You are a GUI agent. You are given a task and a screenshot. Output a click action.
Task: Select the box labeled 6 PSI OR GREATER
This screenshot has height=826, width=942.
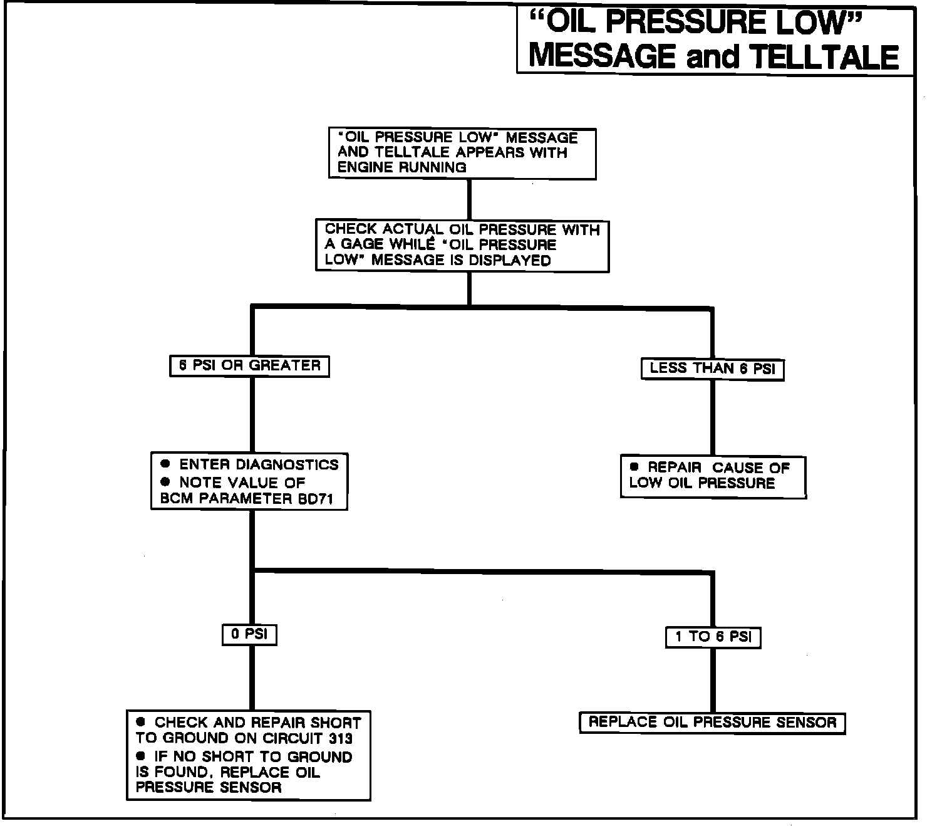(249, 366)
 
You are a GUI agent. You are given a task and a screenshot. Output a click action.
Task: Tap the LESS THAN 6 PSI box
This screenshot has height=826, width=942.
(712, 369)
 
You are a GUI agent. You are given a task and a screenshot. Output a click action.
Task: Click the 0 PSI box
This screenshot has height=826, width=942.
(249, 634)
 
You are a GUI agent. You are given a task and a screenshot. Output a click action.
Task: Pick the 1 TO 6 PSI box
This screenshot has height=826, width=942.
(712, 637)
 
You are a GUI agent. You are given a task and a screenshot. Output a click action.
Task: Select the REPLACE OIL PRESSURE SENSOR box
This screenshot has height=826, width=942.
(712, 723)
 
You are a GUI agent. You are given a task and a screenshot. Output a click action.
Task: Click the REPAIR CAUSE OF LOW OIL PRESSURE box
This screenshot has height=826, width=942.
(713, 476)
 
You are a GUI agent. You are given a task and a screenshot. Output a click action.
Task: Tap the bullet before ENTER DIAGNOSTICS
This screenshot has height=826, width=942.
(165, 464)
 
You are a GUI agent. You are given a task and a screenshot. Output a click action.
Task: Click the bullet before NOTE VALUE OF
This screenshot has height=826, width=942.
(165, 482)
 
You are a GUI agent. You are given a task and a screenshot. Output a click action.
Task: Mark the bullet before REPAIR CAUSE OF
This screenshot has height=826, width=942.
(634, 467)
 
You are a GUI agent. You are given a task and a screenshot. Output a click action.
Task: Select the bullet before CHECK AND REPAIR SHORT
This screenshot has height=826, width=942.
(141, 722)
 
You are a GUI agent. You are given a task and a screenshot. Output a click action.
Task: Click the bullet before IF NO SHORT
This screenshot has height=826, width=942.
(141, 756)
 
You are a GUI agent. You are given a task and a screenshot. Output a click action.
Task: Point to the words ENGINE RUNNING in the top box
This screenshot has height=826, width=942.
(401, 168)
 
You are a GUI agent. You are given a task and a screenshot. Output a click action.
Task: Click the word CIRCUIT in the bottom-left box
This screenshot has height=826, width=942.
(294, 738)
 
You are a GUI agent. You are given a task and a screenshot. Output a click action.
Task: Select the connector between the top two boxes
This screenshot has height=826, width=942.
(468, 199)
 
